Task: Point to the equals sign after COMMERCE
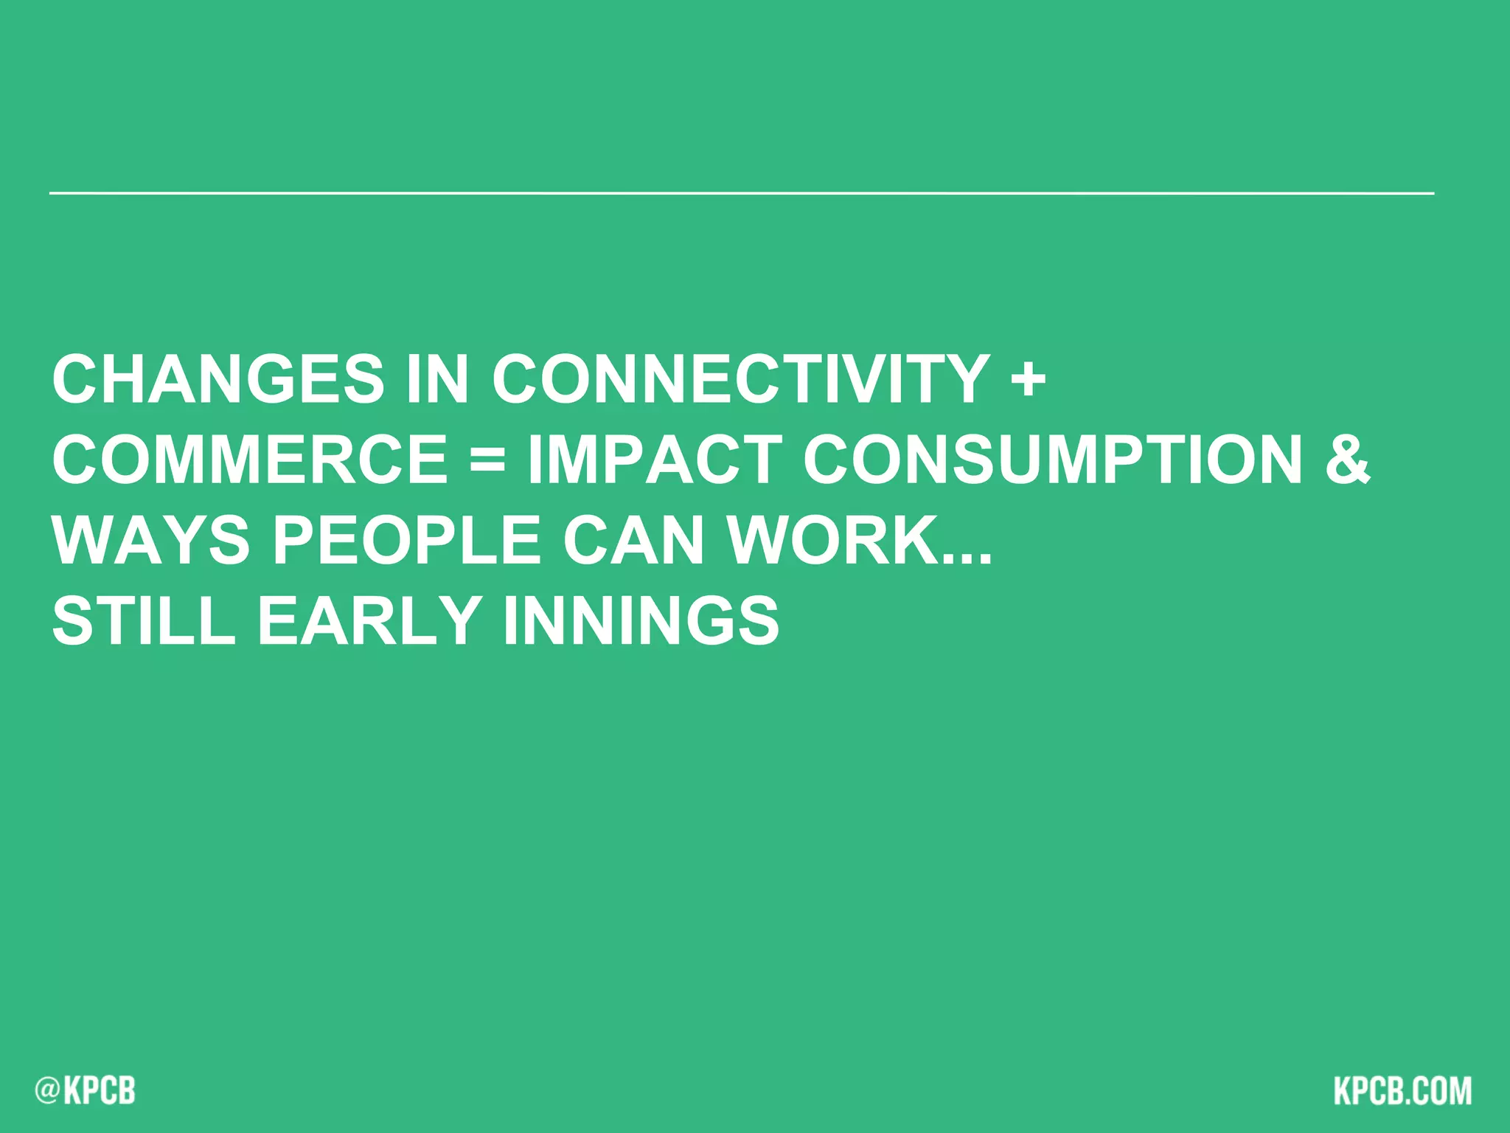[487, 460]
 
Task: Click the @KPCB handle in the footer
[86, 1090]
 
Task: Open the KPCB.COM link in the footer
[1402, 1090]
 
